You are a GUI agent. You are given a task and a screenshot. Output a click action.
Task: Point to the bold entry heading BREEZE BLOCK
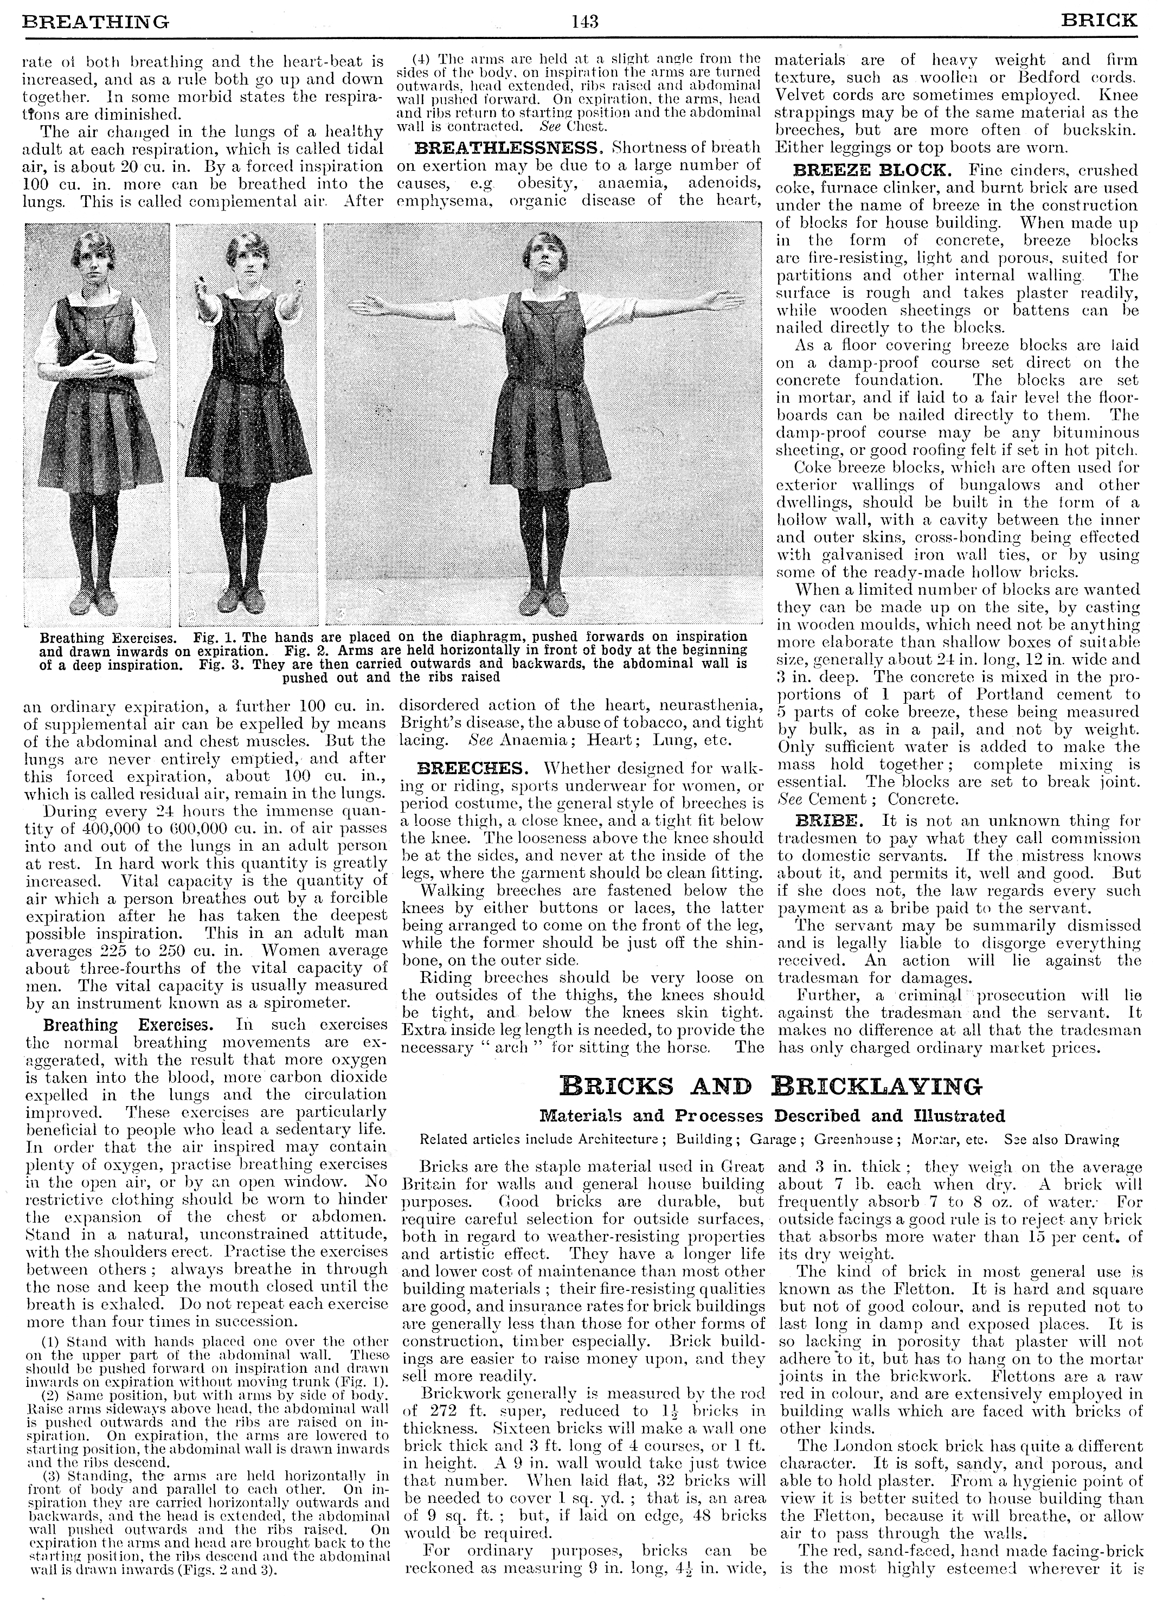(870, 171)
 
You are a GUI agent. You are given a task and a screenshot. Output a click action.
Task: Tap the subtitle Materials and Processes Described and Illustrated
(772, 1116)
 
